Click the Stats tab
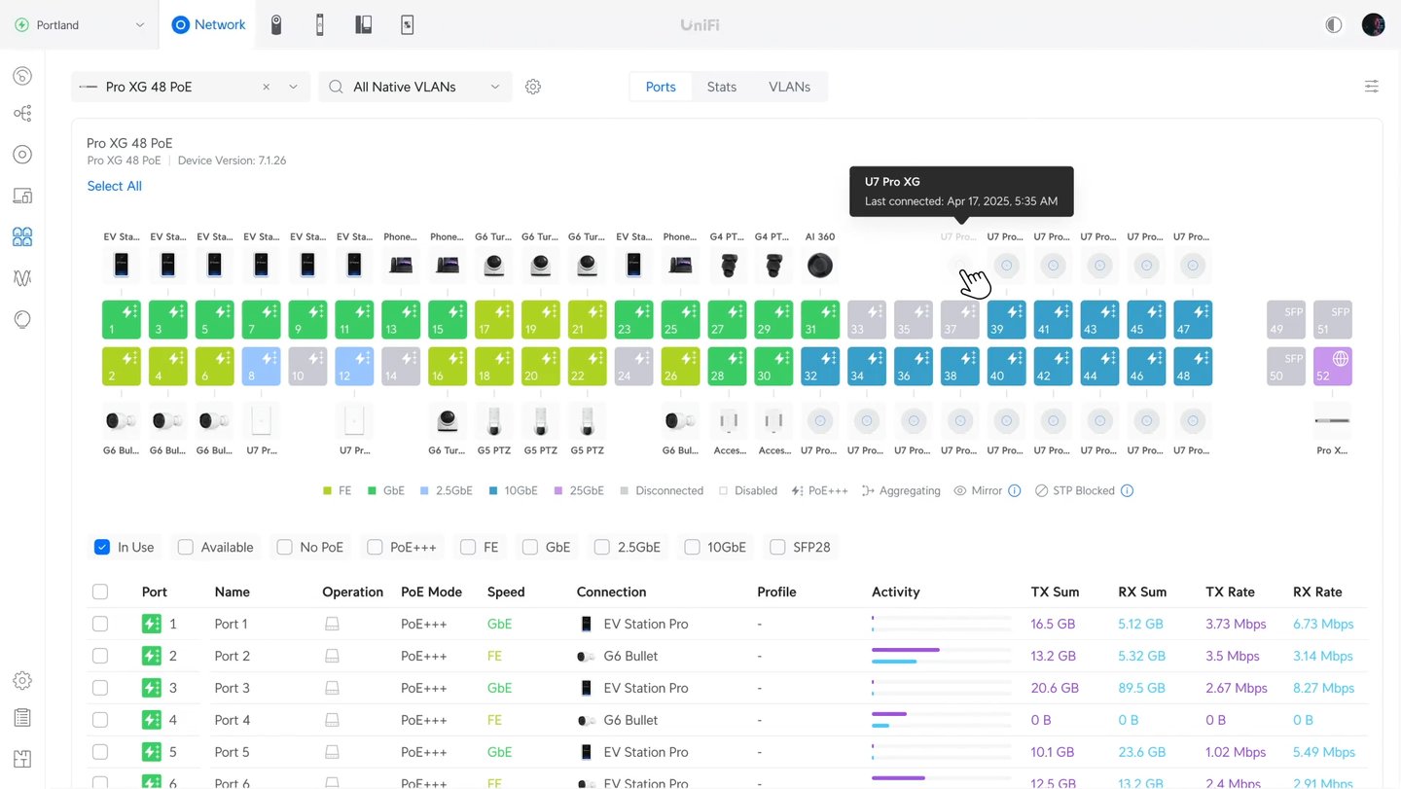[721, 87]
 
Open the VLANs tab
[789, 87]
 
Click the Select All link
[114, 186]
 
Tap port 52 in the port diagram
[1332, 366]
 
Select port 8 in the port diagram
[261, 366]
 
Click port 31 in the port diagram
[820, 319]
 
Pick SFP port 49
[1285, 319]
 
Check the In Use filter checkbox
[102, 547]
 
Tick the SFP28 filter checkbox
[777, 547]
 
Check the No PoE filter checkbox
[284, 547]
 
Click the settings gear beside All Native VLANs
[532, 87]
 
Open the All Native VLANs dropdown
[415, 87]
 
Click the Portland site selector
[80, 24]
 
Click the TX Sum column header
[1055, 592]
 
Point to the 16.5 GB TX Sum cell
[1053, 624]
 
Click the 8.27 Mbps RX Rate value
[1323, 688]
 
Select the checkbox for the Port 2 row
[100, 656]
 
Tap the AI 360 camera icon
[820, 265]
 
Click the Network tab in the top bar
[208, 24]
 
